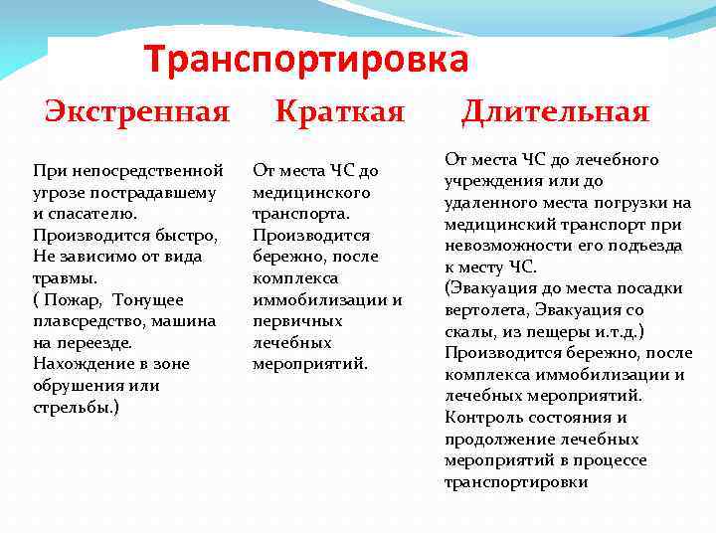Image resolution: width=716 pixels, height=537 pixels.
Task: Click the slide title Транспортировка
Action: coord(305,60)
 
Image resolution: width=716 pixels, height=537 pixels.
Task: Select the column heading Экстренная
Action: coord(136,110)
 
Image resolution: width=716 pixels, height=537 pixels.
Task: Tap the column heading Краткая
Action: coord(339,110)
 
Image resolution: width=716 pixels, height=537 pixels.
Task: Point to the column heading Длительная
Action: coord(554,110)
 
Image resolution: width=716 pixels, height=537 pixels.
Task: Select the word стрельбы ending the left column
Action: coord(74,406)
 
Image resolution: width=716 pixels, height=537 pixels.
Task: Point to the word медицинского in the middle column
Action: coord(298,192)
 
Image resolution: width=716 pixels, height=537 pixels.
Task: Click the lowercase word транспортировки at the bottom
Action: coord(516,482)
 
